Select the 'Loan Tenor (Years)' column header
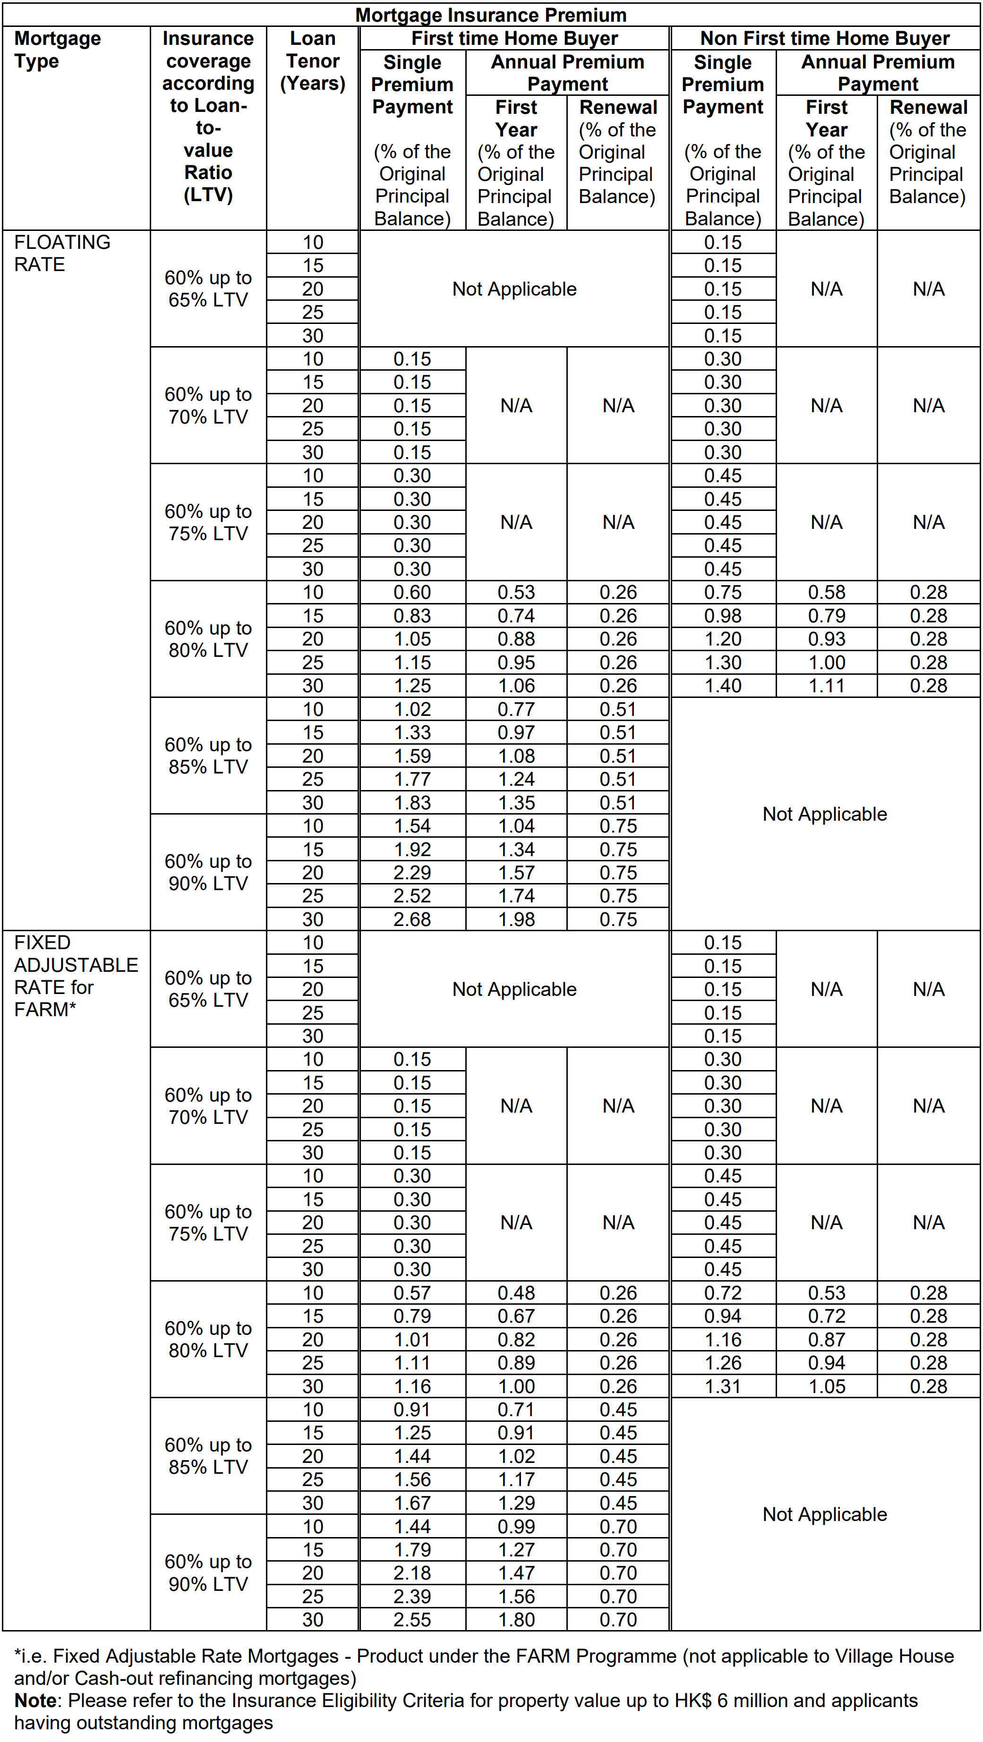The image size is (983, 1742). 313,61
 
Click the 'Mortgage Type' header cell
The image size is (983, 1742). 58,50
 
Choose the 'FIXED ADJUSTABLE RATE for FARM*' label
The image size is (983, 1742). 75,975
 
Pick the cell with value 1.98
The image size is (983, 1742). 516,919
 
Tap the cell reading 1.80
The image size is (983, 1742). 516,1620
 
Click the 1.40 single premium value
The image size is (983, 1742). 723,686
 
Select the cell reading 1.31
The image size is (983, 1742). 723,1386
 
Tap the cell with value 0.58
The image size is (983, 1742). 826,592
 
